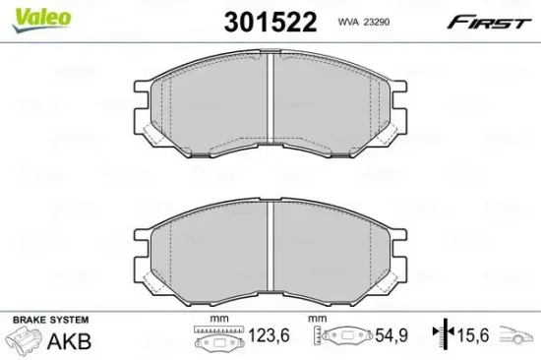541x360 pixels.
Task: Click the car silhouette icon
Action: [x=517, y=338]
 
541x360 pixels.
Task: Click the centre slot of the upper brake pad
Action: [x=270, y=108]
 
